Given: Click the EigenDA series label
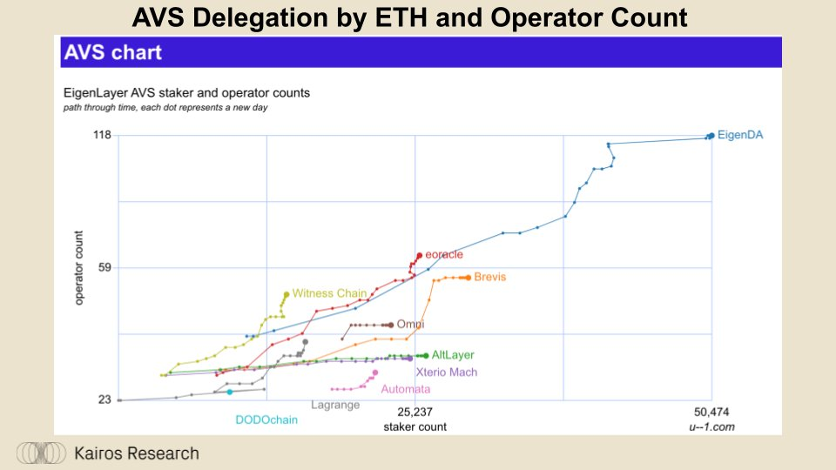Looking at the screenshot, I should coord(740,135).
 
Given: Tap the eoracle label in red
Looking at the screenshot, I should coord(443,254).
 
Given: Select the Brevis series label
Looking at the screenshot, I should coord(489,277).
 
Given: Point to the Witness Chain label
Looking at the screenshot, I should coord(329,293).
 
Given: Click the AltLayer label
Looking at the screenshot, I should coord(453,355).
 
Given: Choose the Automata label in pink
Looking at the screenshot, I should coord(405,389).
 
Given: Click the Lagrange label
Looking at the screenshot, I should coord(335,405).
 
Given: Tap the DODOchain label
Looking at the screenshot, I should coord(266,420).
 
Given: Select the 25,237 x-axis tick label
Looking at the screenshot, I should coord(415,411).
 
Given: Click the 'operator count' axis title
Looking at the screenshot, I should coord(79,267).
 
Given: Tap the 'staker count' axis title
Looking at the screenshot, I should coord(415,426).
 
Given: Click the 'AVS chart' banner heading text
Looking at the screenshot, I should coord(112,52).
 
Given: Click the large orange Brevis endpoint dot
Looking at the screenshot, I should coord(468,277).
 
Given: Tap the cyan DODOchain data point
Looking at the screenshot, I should coord(230,392).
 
